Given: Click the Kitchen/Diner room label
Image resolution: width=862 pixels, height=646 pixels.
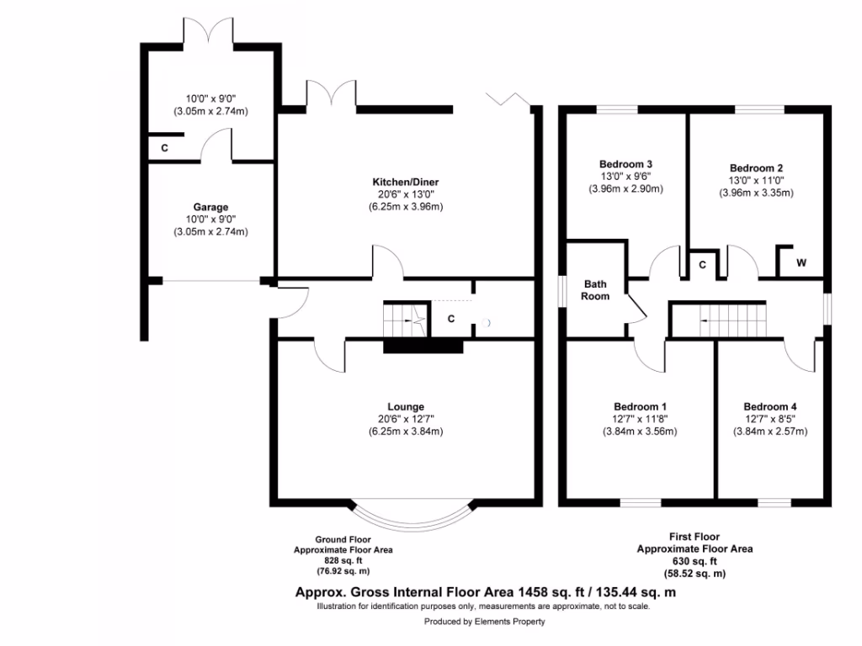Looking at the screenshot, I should (406, 182).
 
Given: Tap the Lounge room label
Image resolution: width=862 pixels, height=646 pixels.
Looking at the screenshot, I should (406, 406).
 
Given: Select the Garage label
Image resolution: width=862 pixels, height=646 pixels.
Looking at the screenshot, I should (210, 207).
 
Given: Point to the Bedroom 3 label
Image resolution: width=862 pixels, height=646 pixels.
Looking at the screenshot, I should (626, 164).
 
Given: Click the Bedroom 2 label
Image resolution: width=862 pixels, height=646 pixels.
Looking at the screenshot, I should (756, 167).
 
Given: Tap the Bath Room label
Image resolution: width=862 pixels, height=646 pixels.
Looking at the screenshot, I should (596, 290).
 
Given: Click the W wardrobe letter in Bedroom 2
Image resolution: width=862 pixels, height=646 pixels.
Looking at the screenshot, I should (801, 263).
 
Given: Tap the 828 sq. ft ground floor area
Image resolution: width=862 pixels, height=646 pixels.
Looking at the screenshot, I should (342, 560).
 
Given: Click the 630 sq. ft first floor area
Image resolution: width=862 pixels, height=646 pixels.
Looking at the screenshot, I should (694, 561).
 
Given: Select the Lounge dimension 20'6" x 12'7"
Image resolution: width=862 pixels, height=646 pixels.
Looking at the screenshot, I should (406, 419).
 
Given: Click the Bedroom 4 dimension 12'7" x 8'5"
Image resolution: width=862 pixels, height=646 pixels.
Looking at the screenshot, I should (769, 419).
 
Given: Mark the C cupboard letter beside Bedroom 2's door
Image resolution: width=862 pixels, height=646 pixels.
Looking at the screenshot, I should (701, 264).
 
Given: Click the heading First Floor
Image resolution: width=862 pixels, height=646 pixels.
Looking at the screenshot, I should (694, 537).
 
